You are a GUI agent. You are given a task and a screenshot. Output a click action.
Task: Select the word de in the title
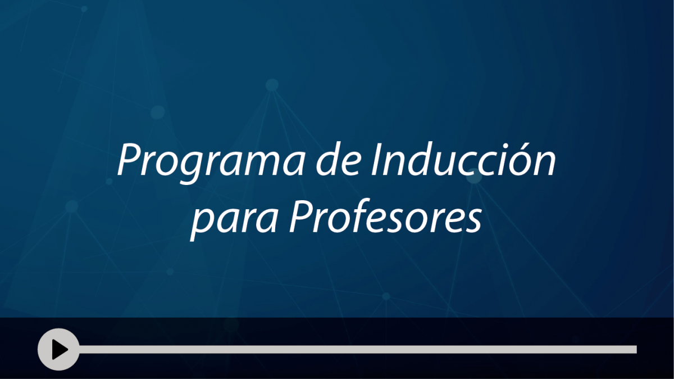tap(338, 159)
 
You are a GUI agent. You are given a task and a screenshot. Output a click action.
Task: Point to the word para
tap(234, 220)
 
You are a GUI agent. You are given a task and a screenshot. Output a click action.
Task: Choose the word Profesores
tap(385, 216)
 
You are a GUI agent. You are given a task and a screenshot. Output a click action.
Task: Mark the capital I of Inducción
tap(376, 160)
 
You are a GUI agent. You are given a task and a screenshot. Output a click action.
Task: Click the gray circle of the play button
tap(58, 349)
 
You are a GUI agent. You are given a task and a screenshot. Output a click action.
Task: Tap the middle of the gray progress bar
tap(357, 349)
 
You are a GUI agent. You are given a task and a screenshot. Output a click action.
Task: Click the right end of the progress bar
tap(636, 349)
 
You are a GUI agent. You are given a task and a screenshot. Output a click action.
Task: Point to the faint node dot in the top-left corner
tap(84, 9)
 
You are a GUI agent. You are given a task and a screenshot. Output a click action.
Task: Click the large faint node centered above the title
tap(272, 85)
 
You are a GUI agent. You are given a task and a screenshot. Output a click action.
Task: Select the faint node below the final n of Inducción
tap(474, 177)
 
